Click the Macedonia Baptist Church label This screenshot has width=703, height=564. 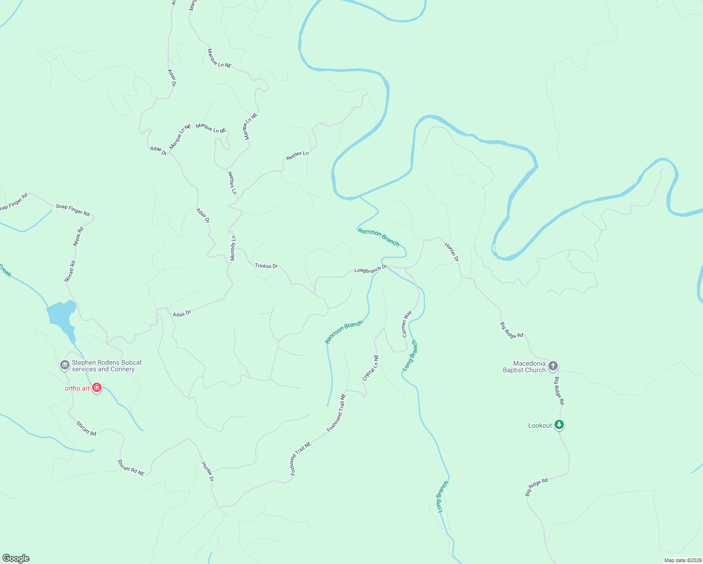[x=524, y=367]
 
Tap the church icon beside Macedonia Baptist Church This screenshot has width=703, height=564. [x=553, y=366]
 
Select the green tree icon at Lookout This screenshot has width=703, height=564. [x=559, y=425]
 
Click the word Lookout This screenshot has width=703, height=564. [x=540, y=425]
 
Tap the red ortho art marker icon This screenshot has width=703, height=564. [x=97, y=388]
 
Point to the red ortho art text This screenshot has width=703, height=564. [x=77, y=388]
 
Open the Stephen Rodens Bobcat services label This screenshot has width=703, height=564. [x=106, y=366]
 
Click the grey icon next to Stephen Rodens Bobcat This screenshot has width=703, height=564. [x=65, y=365]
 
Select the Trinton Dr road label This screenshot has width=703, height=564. [x=266, y=266]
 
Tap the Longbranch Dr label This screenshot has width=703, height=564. [x=370, y=269]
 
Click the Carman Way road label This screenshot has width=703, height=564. [x=406, y=323]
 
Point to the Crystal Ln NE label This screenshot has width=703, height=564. [x=370, y=368]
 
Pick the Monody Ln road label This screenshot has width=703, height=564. [x=233, y=248]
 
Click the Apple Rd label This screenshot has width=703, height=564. [x=78, y=236]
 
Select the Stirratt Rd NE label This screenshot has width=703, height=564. [x=131, y=467]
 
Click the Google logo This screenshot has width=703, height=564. [x=16, y=558]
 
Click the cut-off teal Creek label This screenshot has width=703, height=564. [x=5, y=271]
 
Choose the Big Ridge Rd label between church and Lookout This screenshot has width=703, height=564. [x=559, y=391]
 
